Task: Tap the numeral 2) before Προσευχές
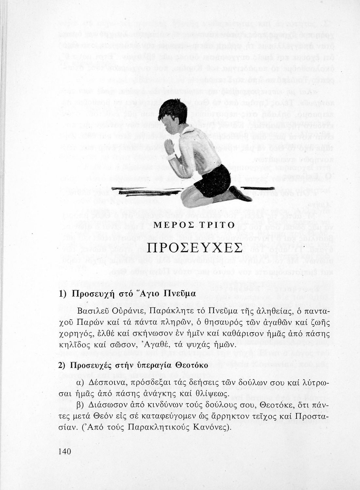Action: (x=62, y=365)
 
